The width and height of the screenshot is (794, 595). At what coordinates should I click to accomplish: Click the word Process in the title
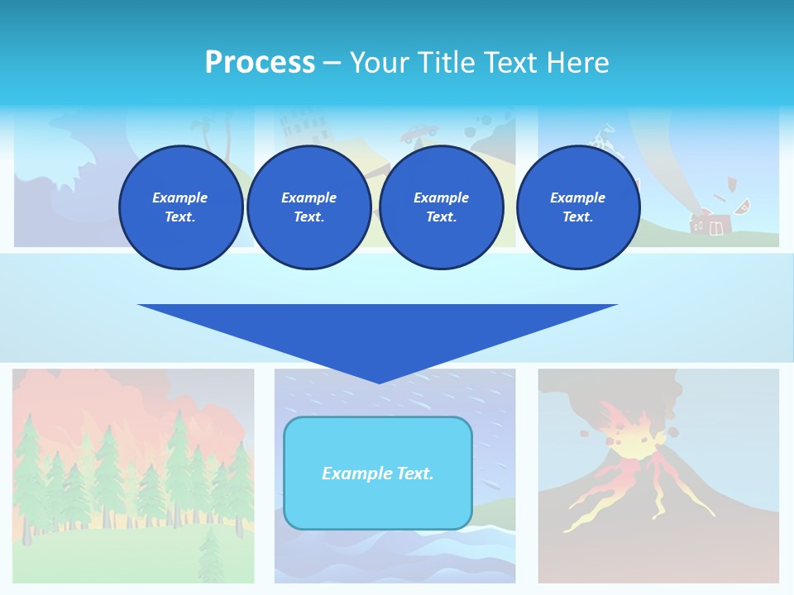click(x=260, y=63)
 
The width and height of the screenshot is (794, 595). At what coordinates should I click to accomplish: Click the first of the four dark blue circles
click(x=180, y=207)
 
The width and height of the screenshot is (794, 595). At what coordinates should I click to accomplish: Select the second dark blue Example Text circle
click(x=309, y=207)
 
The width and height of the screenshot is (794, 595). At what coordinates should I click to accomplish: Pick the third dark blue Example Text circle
click(x=441, y=207)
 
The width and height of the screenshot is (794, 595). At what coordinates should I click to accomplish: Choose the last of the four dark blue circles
click(x=577, y=207)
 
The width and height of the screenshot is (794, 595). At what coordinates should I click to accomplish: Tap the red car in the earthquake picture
click(x=419, y=132)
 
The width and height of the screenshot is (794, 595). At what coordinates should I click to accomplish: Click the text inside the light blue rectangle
click(x=378, y=474)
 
